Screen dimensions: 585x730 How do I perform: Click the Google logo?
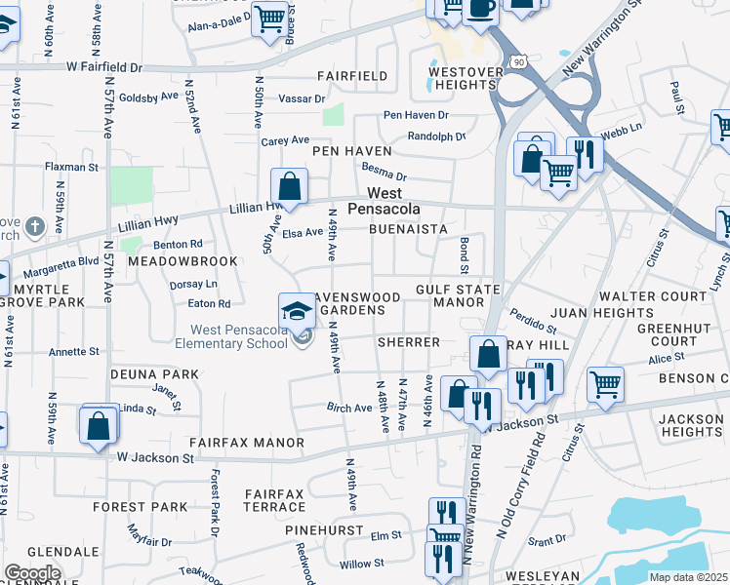[32, 572]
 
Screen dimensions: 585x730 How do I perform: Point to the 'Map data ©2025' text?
[689, 577]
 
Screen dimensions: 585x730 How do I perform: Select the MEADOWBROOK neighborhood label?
[189, 261]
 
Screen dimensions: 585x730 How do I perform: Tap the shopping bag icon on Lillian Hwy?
[290, 184]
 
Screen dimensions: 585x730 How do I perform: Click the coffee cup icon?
[480, 8]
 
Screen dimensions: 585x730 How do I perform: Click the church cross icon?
[34, 228]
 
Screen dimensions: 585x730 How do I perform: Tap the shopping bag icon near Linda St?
[99, 425]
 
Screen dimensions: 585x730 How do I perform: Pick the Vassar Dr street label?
[306, 98]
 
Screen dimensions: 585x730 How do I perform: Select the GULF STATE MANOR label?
[458, 296]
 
